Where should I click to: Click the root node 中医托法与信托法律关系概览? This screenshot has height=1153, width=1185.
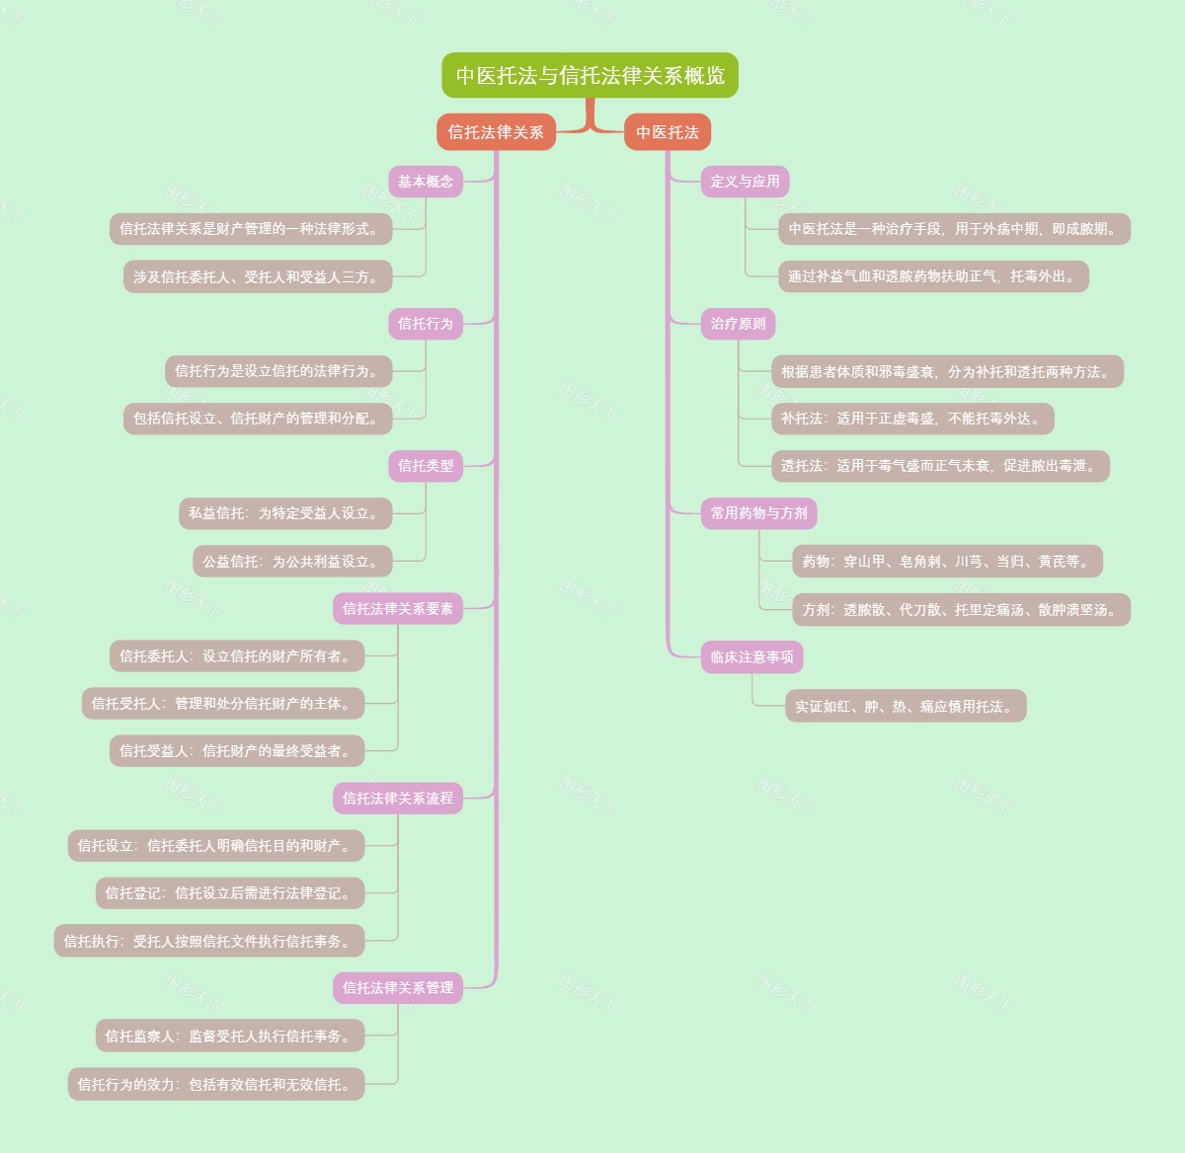[x=590, y=75]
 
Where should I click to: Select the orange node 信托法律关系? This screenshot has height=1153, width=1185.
[x=496, y=132]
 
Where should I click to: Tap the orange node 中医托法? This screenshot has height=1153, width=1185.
[x=668, y=132]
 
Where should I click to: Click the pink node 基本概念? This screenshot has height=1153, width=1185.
[x=426, y=182]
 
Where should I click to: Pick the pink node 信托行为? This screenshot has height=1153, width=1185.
[x=426, y=324]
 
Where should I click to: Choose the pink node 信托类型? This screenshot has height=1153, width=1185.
[x=426, y=466]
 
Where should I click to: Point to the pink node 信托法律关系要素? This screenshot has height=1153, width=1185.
[x=398, y=609]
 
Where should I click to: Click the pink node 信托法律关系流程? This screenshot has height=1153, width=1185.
[x=398, y=799]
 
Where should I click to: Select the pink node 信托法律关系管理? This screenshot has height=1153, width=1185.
[x=398, y=988]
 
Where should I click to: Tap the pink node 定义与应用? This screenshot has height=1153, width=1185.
[x=746, y=182]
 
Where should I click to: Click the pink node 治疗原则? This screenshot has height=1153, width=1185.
[x=739, y=324]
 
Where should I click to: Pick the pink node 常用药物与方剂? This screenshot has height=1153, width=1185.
[x=759, y=513]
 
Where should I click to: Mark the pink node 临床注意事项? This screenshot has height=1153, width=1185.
[x=752, y=657]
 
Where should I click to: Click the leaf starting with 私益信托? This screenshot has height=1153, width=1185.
[x=285, y=513]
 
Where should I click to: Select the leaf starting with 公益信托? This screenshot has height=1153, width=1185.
[x=292, y=562]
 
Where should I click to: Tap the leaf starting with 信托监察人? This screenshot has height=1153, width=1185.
[x=230, y=1037]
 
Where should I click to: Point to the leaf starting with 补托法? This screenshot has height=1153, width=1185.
[x=912, y=419]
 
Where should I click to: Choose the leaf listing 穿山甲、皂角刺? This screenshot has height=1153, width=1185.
[x=947, y=562]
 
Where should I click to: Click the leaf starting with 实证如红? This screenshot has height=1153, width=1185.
[x=906, y=707]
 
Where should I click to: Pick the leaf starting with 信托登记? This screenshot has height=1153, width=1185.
[x=230, y=893]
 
